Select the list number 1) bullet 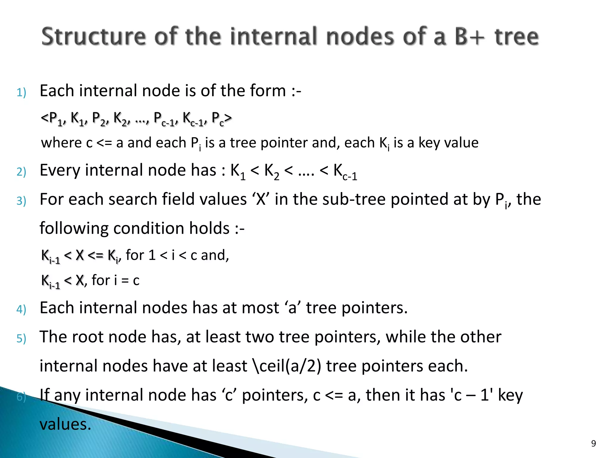[x=21, y=92]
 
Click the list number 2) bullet [x=21, y=172]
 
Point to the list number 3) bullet [x=21, y=201]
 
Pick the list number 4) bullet [x=21, y=309]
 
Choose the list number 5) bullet [x=21, y=338]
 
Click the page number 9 [x=593, y=443]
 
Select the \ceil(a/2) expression [x=287, y=366]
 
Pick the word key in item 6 [x=510, y=395]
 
